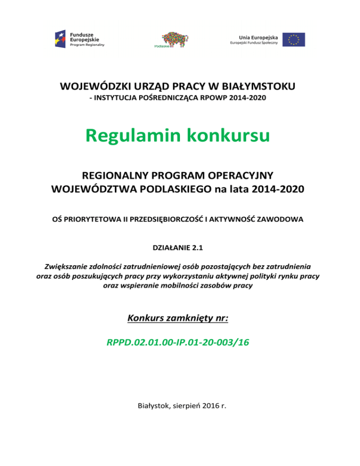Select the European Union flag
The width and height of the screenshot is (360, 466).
point(294,39)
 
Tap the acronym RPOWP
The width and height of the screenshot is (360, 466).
point(216,99)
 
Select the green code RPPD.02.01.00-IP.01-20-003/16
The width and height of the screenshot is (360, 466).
point(178,342)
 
